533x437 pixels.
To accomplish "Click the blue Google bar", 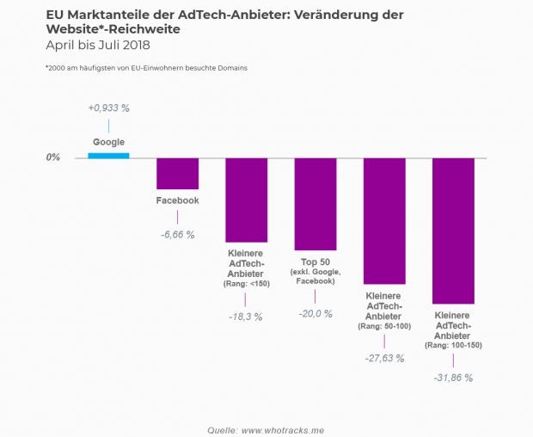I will pyautogui.click(x=108, y=155).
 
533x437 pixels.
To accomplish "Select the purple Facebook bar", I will pyautogui.click(x=177, y=174).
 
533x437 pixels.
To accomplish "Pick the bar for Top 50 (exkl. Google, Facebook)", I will pyautogui.click(x=316, y=204).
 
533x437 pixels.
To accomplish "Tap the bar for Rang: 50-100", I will pyautogui.click(x=384, y=221).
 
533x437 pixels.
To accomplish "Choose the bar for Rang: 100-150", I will pyautogui.click(x=453, y=231).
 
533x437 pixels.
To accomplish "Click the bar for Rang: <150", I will pyautogui.click(x=247, y=200).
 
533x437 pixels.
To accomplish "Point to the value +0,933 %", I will pyautogui.click(x=108, y=108).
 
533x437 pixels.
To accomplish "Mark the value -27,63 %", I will pyautogui.click(x=383, y=358).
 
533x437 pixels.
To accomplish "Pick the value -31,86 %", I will pyautogui.click(x=452, y=377).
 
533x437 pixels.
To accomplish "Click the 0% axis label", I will pyautogui.click(x=53, y=158).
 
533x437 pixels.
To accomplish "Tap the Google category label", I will pyautogui.click(x=108, y=141).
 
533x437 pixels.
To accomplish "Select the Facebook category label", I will pyautogui.click(x=177, y=200).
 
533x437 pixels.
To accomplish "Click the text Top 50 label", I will pyautogui.click(x=316, y=262).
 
